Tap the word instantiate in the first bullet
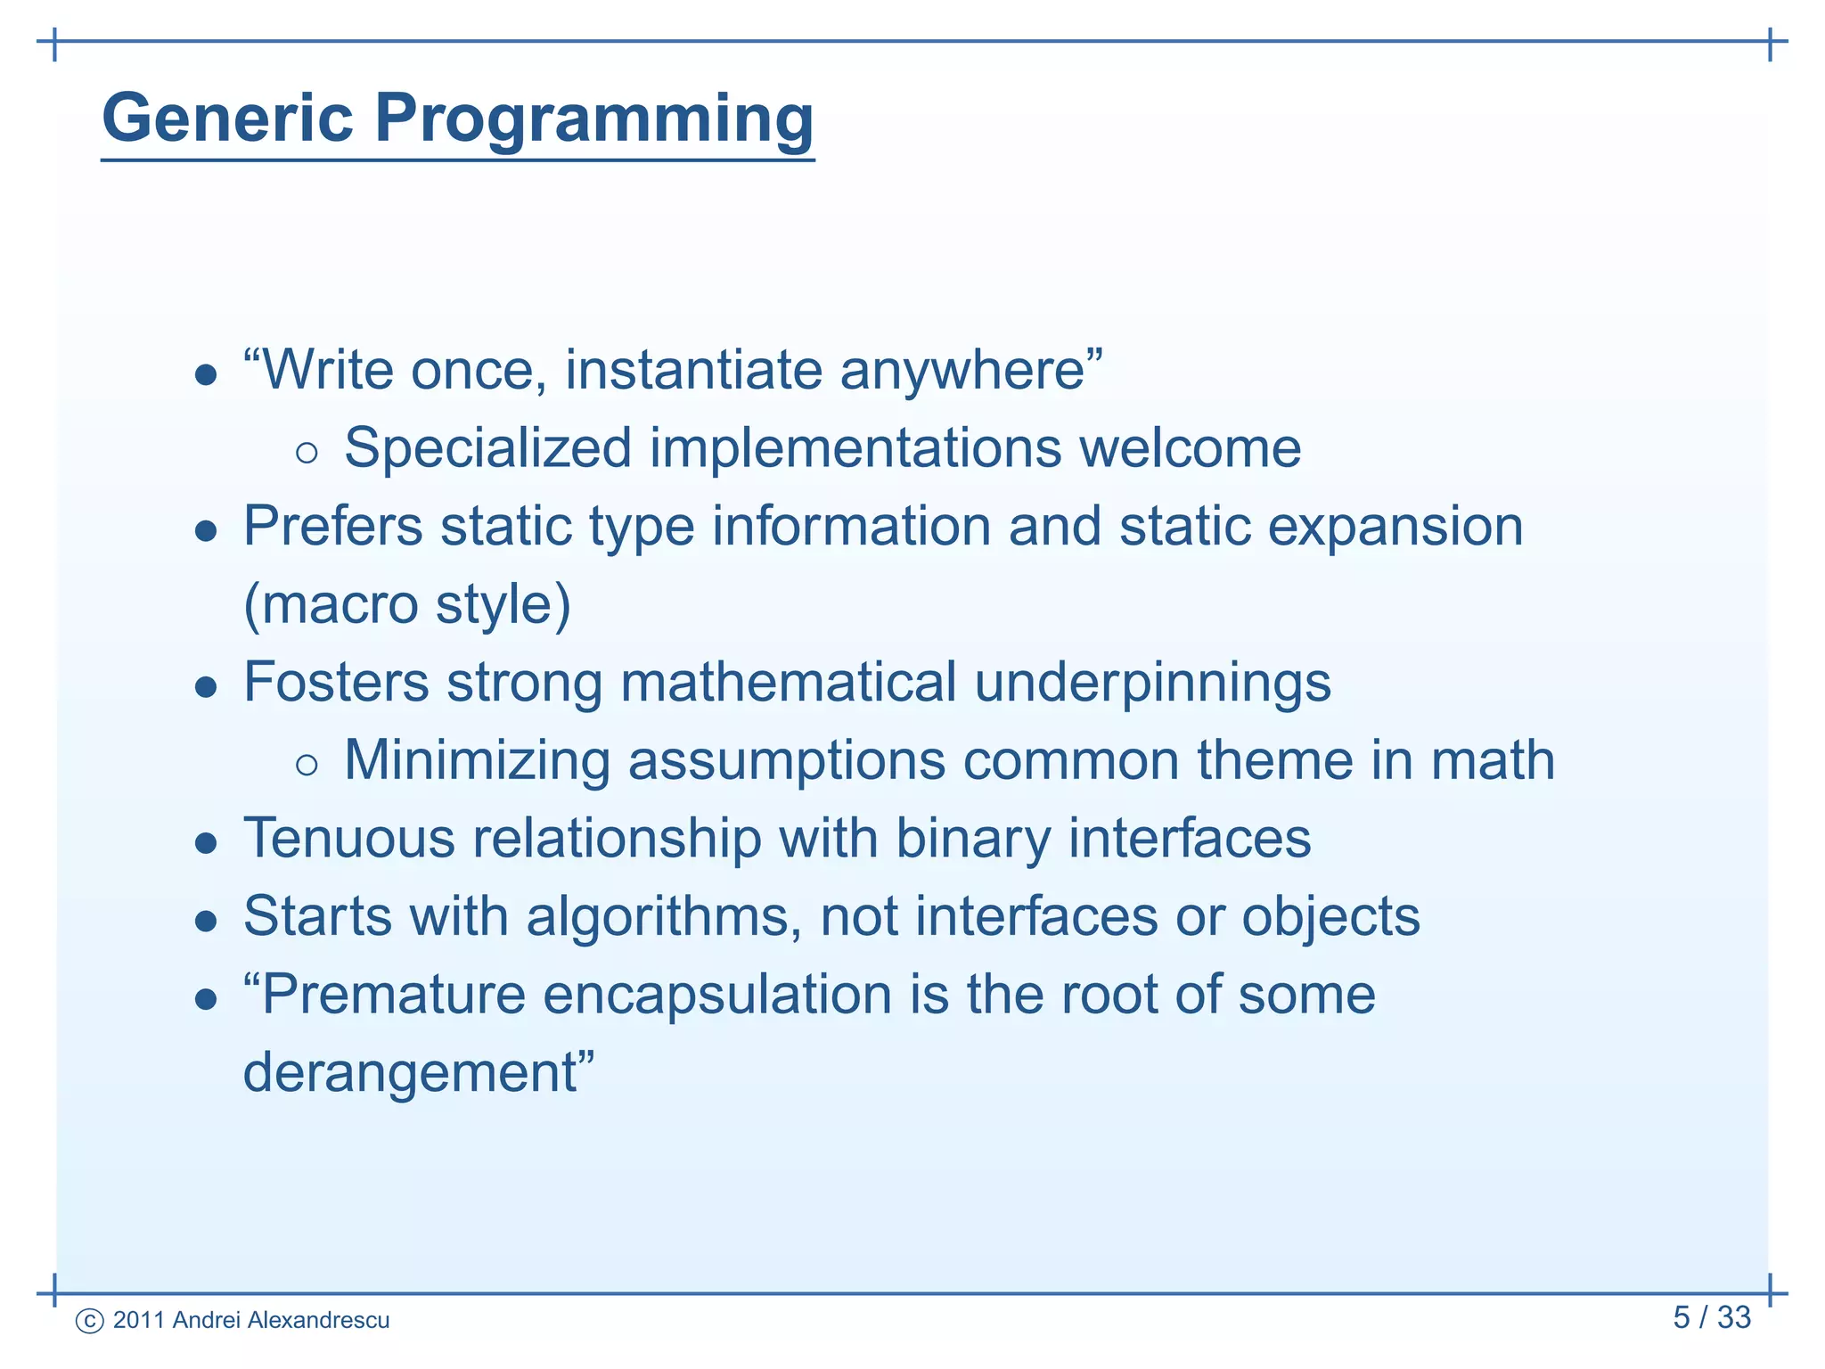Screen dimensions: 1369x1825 point(693,370)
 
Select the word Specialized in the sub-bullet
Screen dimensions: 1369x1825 point(488,448)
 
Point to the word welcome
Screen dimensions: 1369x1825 point(1190,447)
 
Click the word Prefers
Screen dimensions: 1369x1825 point(333,526)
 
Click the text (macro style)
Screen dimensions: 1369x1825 point(407,605)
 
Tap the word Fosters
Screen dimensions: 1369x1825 point(336,683)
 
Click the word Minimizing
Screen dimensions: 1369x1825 point(477,761)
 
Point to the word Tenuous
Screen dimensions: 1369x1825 point(348,839)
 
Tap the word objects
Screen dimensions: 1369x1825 point(1330,918)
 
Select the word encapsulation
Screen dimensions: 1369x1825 point(717,996)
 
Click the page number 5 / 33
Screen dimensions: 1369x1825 point(1711,1317)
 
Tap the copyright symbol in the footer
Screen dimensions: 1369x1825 point(90,1321)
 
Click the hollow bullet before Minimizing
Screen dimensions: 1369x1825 point(306,764)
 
